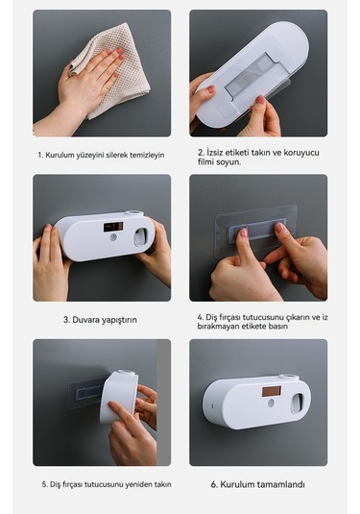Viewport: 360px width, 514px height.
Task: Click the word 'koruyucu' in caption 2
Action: [301, 153]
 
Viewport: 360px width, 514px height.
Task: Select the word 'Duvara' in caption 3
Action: [84, 320]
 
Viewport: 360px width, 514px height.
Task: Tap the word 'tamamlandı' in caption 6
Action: [280, 484]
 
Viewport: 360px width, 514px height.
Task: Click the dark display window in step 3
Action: [113, 227]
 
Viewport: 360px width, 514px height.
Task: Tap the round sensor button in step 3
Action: [113, 237]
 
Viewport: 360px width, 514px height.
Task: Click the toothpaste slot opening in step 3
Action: [141, 236]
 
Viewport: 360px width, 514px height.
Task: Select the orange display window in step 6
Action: [272, 391]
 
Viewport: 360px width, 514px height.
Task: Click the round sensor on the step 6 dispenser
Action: [271, 403]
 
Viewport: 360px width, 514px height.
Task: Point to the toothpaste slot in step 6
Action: [297, 403]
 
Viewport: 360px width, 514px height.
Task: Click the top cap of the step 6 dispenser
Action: [289, 377]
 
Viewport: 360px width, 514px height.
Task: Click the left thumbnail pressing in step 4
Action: [244, 233]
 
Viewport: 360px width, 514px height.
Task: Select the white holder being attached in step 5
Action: [119, 397]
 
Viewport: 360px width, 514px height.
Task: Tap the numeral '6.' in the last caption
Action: [214, 484]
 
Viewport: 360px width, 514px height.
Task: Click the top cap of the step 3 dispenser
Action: [134, 213]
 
